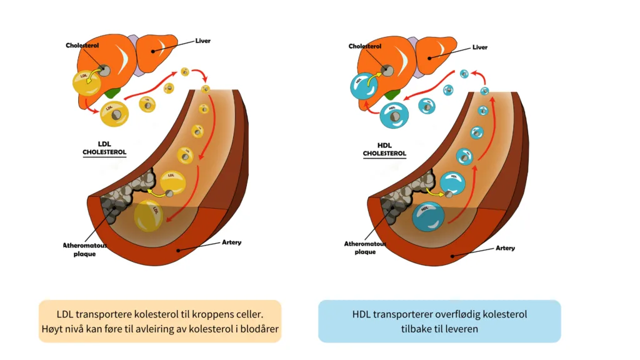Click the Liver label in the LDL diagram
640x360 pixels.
point(202,41)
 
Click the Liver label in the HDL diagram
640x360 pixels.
point(479,47)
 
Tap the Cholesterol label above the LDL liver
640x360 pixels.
point(82,45)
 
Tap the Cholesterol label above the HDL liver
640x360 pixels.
point(365,46)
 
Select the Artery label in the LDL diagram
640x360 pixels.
point(231,242)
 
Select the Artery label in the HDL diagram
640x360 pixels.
point(505,248)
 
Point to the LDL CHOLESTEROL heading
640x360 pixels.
point(104,148)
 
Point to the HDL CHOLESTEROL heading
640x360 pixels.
point(384,149)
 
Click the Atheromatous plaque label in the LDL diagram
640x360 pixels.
point(84,249)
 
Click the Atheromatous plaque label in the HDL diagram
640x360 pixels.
point(365,247)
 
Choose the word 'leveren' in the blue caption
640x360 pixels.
point(462,329)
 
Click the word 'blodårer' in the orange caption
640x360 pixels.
point(259,329)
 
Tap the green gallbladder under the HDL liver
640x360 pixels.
point(392,95)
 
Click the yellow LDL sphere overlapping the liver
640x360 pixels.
point(86,83)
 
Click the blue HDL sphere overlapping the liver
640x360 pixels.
point(364,86)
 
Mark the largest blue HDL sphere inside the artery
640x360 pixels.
point(428,217)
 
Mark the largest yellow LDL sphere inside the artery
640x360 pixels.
point(149,216)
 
